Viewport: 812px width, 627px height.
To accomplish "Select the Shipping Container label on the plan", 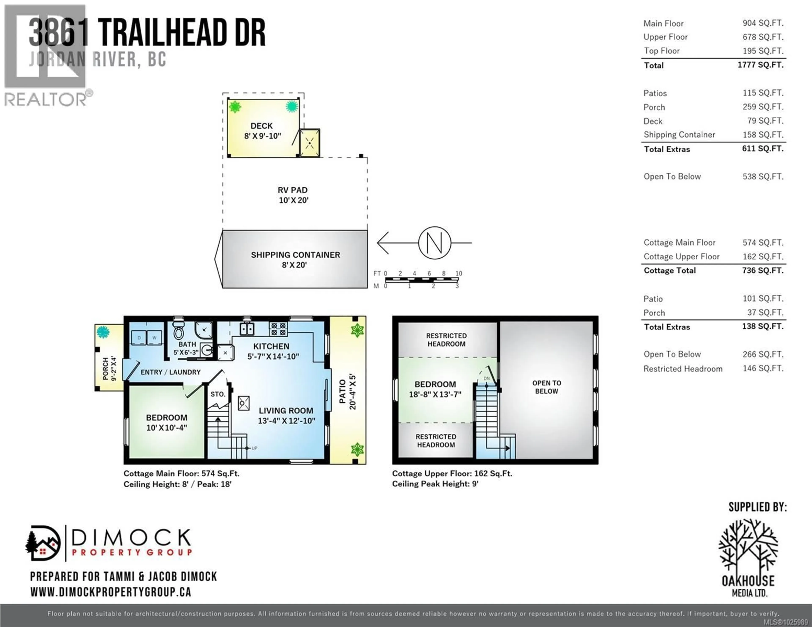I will click(295, 260).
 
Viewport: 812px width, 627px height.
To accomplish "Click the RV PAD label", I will click(293, 195).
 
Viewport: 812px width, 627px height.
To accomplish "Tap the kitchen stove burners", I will click(278, 329).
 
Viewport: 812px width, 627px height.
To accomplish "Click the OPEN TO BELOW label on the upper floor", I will click(547, 387).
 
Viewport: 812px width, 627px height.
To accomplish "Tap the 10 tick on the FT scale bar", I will click(459, 273).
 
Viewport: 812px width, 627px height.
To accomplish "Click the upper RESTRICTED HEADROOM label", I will click(446, 340).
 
